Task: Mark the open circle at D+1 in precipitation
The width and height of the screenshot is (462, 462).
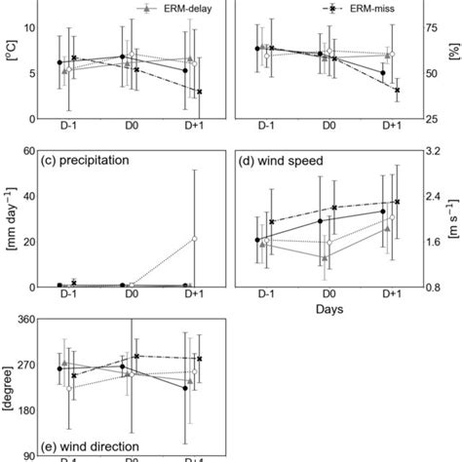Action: point(195,239)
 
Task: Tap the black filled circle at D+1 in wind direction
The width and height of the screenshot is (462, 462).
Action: point(185,388)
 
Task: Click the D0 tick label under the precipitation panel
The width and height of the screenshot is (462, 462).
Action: point(129,303)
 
